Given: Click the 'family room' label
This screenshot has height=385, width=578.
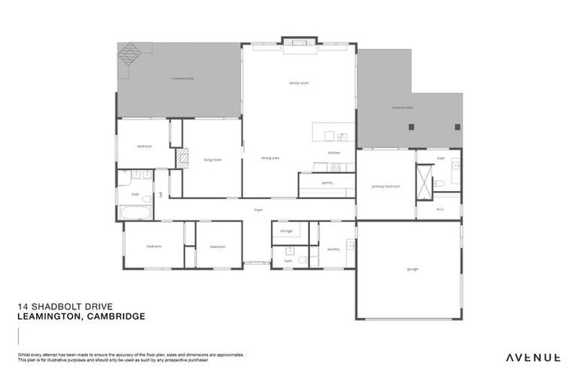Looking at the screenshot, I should (x=299, y=83).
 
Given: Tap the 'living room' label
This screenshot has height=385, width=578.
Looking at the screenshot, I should (x=212, y=159).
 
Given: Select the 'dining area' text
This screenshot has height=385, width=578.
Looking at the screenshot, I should (x=270, y=159).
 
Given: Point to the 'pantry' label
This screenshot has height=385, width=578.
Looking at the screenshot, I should (x=327, y=183).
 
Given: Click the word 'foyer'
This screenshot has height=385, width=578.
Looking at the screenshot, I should (x=257, y=210).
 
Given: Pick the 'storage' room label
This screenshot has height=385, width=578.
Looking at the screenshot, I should (x=286, y=231).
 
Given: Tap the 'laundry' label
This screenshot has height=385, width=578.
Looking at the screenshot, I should (x=333, y=249).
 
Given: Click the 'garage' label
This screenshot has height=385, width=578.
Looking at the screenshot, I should (x=412, y=268).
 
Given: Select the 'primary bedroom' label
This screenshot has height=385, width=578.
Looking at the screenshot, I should (x=385, y=186).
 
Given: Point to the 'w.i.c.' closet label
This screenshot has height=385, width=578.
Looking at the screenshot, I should (x=441, y=210).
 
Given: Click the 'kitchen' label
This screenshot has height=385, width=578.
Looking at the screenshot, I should (x=334, y=153).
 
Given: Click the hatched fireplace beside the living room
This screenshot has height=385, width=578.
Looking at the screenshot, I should (x=182, y=157).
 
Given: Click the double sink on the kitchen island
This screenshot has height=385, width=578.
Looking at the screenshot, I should (x=341, y=137).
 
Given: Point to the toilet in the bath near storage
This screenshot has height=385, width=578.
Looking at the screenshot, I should (x=302, y=260).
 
